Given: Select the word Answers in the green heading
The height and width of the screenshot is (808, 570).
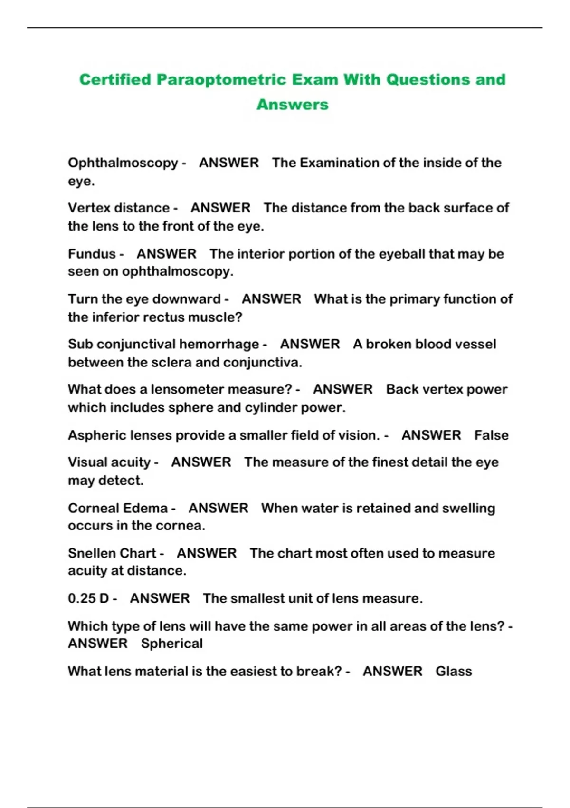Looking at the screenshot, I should [x=293, y=105].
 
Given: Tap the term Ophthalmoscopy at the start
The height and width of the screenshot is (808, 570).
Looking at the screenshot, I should [x=123, y=163].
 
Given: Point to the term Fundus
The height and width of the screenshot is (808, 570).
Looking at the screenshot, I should [x=92, y=254].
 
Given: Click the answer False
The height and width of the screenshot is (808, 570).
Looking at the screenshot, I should [x=491, y=435].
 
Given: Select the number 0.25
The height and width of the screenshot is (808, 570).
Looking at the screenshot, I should [x=82, y=598].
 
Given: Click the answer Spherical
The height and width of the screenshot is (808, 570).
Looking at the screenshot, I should [x=171, y=644].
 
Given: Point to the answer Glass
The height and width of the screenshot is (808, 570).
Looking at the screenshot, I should [x=454, y=672].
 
